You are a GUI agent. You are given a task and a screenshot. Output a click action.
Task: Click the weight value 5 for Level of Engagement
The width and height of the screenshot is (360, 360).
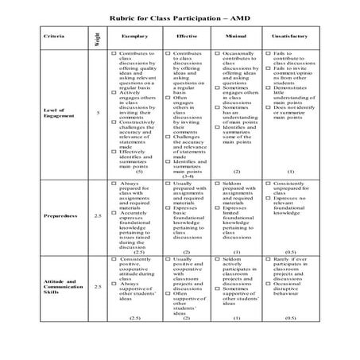(x=97, y=112)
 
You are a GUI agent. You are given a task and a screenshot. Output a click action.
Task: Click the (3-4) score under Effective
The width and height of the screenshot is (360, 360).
(x=188, y=175)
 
